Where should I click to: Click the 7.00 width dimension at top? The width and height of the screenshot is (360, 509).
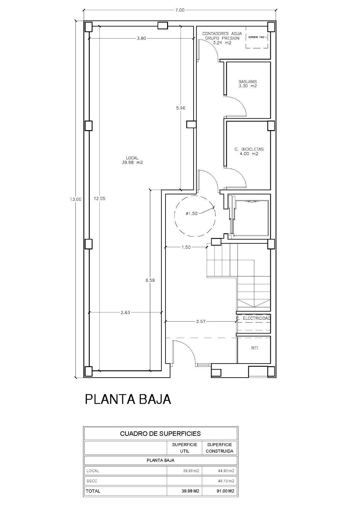tap(180, 10)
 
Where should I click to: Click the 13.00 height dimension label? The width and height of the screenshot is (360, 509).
tap(76, 199)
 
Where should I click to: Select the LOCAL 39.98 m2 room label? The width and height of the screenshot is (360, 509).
tap(132, 160)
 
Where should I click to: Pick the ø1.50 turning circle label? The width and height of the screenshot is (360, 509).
tap(192, 213)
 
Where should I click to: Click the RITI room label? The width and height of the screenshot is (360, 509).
tap(254, 348)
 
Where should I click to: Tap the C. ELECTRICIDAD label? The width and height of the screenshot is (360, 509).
tap(254, 318)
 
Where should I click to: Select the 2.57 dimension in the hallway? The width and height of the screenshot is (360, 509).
tap(201, 322)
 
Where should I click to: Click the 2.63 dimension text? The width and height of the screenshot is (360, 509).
tap(125, 312)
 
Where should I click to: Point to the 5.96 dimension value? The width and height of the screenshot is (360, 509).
tap(180, 108)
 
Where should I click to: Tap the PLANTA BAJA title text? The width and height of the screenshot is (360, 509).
tap(128, 399)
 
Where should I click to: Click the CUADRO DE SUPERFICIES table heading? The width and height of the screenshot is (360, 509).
tap(160, 433)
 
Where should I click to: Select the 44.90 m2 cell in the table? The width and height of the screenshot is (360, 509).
tap(219, 471)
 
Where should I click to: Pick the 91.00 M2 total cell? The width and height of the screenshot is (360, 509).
tap(219, 491)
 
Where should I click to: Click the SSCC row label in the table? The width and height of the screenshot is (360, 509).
tap(91, 481)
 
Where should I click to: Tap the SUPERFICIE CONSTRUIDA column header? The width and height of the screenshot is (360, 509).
tap(219, 448)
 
